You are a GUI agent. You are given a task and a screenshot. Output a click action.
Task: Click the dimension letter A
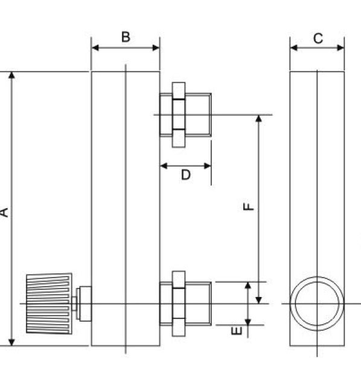click(4, 212)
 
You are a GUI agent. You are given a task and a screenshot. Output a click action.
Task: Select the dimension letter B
click(126, 38)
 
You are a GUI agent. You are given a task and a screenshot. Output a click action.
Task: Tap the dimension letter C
click(318, 38)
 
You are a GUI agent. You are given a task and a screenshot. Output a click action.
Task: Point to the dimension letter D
click(186, 175)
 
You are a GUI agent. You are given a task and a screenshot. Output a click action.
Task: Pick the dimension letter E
click(237, 330)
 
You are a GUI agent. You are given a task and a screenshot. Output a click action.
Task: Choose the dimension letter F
click(249, 207)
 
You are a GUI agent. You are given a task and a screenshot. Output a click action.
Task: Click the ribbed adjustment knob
click(49, 304)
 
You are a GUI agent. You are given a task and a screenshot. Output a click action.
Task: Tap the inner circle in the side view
click(317, 304)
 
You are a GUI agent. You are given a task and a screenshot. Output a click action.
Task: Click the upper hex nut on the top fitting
click(179, 90)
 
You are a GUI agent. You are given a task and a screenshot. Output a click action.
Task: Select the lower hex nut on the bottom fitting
click(179, 327)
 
